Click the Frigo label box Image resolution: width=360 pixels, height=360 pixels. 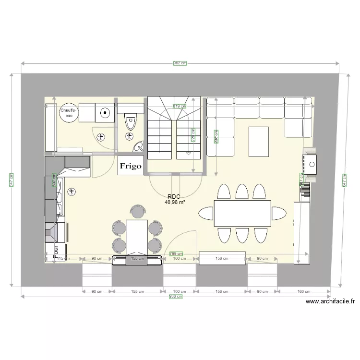131,166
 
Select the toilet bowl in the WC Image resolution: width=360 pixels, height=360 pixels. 130,123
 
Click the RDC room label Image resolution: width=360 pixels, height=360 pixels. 174,197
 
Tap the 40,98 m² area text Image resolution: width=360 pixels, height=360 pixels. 175,203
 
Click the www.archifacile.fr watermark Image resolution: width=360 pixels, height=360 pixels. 330,301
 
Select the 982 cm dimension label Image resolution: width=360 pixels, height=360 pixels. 180,63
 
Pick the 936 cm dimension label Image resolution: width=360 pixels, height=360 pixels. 176,297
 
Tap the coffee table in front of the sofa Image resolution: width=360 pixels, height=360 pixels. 259,141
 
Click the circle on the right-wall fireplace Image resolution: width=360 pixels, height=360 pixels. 312,165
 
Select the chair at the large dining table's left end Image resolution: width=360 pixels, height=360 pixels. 206,213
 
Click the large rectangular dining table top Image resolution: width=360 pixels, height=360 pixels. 242,213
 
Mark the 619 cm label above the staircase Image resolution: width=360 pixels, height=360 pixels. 179,107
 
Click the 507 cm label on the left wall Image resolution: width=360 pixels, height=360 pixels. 54,183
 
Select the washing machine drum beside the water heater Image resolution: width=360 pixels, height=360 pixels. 105,114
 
